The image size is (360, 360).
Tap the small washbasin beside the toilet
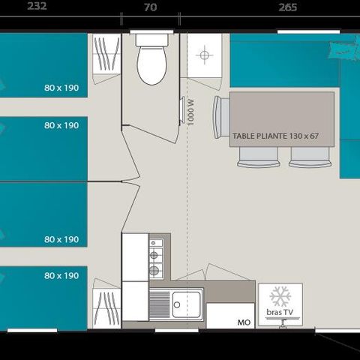[204, 55]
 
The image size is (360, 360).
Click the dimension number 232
[37, 7]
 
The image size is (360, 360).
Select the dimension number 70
[150, 7]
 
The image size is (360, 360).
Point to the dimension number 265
[287, 7]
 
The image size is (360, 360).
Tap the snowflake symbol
[280, 295]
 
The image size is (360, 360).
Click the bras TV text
[280, 310]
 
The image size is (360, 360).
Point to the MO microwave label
[243, 322]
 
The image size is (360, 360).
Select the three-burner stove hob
[156, 257]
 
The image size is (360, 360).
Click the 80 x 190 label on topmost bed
[61, 88]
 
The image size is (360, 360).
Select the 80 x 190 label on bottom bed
[61, 276]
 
